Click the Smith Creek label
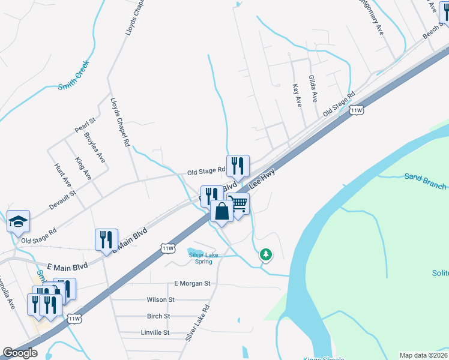pos(74,75)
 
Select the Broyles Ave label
pos(95,147)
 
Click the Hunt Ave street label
pos(62,175)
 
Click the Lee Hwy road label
pos(262,179)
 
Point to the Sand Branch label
pos(425,181)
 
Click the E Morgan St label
pos(193,283)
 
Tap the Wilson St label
pos(160,299)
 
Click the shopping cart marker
pos(238,204)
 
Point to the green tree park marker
pos(266,254)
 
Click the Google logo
pos(20,353)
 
